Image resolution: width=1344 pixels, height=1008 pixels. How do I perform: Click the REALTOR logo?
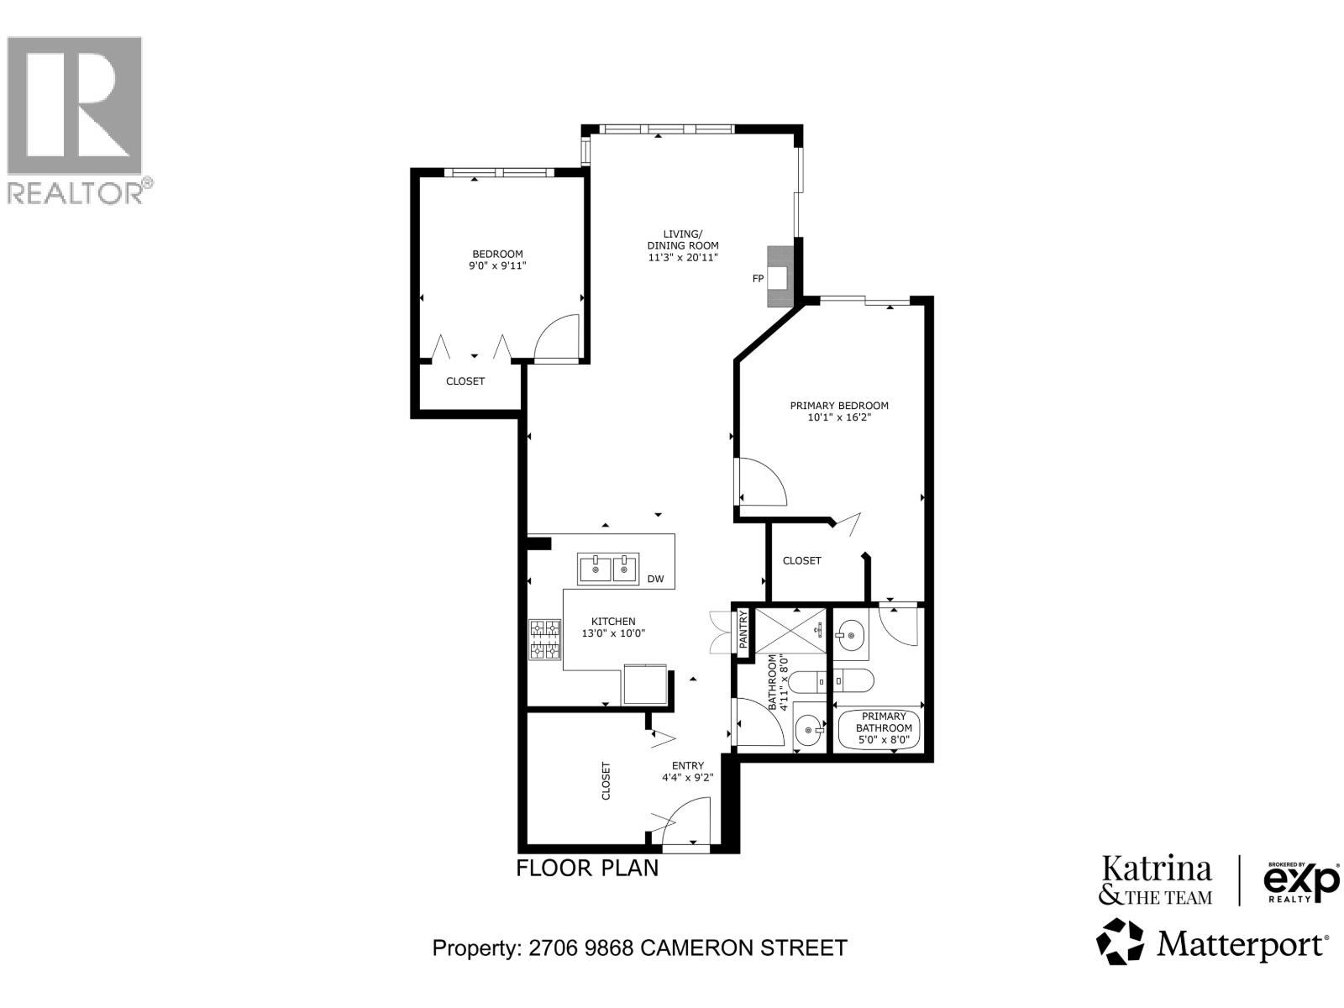[x=80, y=118]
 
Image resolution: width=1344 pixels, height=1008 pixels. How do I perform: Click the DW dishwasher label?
[x=656, y=579]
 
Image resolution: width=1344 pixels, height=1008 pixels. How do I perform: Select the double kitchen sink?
[x=608, y=569]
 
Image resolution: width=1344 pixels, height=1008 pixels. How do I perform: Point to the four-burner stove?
[x=544, y=640]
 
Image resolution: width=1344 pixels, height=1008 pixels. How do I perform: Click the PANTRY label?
[x=743, y=630]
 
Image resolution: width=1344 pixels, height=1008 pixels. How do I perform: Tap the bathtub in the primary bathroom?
[x=879, y=727]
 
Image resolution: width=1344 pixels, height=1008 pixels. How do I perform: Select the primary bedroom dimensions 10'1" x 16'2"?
[x=838, y=417]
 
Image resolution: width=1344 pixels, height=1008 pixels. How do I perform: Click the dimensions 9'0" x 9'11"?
[x=497, y=265]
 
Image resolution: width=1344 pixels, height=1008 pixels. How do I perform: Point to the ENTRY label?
[x=687, y=765]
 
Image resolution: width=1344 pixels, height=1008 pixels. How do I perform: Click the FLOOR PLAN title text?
[x=587, y=868]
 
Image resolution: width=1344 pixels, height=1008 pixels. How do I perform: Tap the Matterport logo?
[x=1213, y=943]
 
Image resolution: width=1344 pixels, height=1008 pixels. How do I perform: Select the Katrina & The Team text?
[x=1156, y=880]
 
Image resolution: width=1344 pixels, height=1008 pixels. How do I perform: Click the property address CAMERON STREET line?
[x=639, y=948]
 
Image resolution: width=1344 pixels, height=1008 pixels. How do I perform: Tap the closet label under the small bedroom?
[x=465, y=381]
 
